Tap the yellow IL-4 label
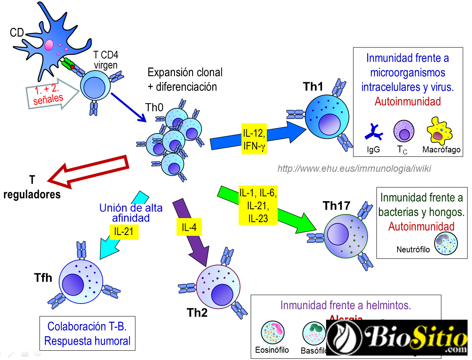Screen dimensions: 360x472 point(189,228)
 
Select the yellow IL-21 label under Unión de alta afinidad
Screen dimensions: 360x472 point(124,231)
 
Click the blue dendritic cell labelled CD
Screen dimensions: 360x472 point(52,40)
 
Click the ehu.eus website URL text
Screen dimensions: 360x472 point(354,169)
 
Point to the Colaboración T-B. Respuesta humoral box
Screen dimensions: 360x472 point(87,333)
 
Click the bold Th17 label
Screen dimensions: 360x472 point(337,206)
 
